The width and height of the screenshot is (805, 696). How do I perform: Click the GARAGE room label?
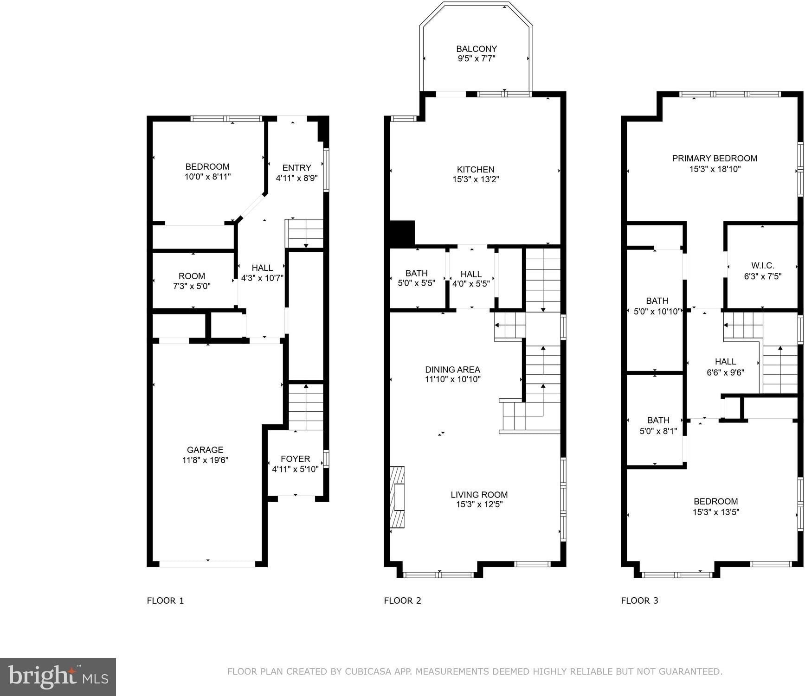205,450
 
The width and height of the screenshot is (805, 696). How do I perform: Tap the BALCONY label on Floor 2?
477,49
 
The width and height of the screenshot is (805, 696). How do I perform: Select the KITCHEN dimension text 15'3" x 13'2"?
476,179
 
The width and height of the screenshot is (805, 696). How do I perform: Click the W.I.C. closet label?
763,266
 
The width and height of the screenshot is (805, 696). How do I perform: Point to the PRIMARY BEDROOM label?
715,159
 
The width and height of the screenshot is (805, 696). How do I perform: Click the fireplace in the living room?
397,497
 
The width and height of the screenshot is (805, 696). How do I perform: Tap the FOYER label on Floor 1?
295,459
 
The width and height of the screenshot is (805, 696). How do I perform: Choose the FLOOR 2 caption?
402,600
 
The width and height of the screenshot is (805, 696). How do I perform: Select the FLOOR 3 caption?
639,600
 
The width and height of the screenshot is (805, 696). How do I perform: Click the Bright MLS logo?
58,677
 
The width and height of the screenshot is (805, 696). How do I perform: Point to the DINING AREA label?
452,370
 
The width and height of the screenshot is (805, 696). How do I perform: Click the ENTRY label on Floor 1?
296,168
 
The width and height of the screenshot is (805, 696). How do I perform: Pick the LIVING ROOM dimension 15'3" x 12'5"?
479,504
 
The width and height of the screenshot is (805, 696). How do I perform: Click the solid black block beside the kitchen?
402,233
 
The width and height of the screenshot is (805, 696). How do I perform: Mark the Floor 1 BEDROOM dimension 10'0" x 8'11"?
207,177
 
